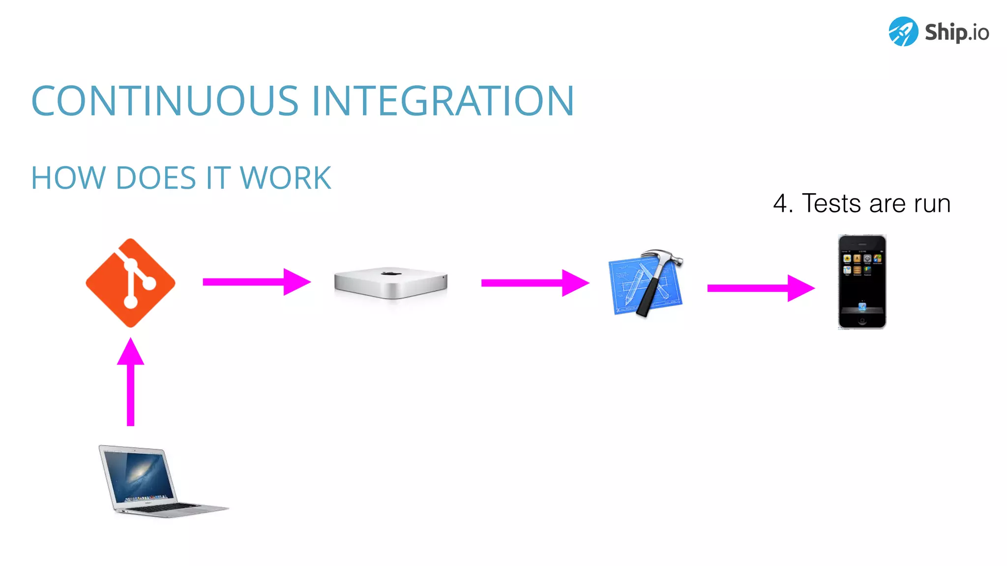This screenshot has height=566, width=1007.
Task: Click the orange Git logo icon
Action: click(x=130, y=283)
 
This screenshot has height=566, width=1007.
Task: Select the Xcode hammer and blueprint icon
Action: click(x=646, y=283)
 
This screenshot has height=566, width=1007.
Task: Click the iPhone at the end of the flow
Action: click(x=862, y=282)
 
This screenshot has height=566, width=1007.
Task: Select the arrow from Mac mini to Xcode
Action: click(x=535, y=283)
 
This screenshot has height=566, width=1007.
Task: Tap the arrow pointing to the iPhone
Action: click(x=761, y=288)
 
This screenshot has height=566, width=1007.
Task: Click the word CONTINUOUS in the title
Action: click(x=165, y=101)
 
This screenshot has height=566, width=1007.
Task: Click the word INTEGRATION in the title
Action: click(x=443, y=101)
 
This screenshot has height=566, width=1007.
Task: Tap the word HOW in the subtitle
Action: click(x=68, y=178)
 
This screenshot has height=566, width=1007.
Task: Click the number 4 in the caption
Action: click(x=780, y=203)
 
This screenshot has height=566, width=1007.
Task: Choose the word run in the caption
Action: click(x=932, y=203)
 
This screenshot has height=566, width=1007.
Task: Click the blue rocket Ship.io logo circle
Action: click(x=903, y=31)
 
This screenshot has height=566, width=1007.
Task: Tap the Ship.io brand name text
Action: click(x=956, y=32)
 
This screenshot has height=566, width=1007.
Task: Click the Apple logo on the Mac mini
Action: click(x=391, y=273)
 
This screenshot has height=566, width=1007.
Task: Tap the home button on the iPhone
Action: click(x=862, y=322)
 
